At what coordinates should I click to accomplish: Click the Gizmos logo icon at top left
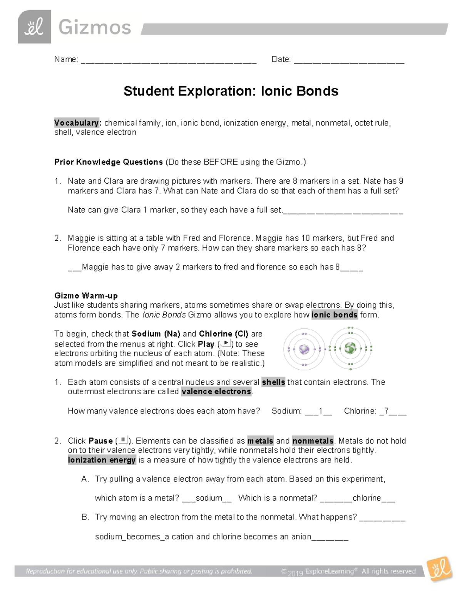[x=34, y=27]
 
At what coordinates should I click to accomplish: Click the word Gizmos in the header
[x=95, y=28]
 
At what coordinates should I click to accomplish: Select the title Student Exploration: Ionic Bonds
[x=231, y=91]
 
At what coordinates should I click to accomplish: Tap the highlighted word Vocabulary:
[x=78, y=123]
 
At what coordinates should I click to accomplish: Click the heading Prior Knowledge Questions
[x=109, y=162]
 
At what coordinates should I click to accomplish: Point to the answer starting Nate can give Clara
[x=175, y=210]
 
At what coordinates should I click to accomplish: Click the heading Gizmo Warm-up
[x=86, y=296]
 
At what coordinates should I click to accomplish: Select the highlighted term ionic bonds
[x=335, y=315]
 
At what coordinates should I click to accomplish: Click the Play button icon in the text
[x=226, y=343]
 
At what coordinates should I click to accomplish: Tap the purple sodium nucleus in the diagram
[x=304, y=349]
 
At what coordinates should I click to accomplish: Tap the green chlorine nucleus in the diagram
[x=350, y=349]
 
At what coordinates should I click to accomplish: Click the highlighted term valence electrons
[x=216, y=392]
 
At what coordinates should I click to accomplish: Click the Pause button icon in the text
[x=123, y=440]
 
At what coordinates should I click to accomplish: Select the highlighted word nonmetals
[x=313, y=441]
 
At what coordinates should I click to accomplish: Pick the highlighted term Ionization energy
[x=102, y=460]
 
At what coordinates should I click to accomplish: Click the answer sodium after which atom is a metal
[x=209, y=498]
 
